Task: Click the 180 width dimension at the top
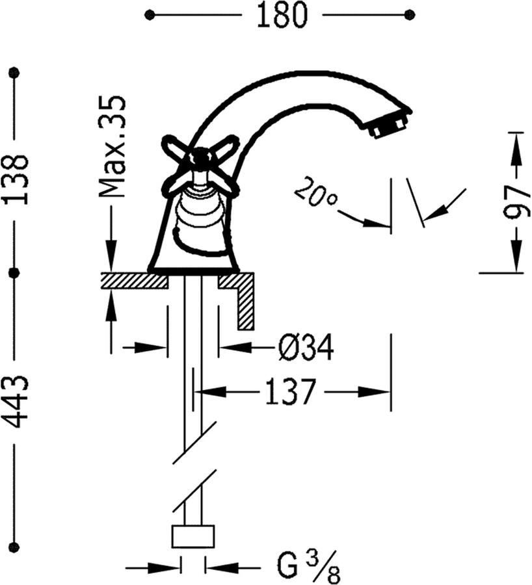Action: pos(282,15)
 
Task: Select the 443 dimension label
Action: pos(16,402)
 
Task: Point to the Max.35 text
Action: pos(112,147)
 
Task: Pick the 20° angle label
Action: pos(315,192)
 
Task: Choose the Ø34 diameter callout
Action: pos(306,347)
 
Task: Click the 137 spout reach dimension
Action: pos(291,392)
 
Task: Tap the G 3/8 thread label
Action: pos(308,567)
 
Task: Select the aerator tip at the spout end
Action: pos(388,125)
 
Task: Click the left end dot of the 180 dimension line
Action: pos(150,15)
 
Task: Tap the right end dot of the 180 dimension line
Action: pos(410,15)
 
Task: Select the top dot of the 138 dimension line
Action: pos(15,71)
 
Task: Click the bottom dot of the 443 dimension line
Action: pos(15,547)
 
